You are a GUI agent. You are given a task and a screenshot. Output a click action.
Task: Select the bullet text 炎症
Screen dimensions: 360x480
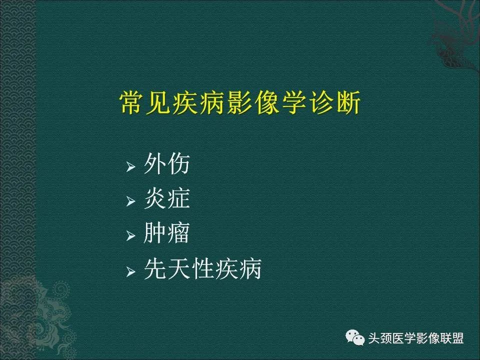[166, 199]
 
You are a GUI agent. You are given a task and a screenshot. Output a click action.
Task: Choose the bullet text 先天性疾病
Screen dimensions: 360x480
[202, 270]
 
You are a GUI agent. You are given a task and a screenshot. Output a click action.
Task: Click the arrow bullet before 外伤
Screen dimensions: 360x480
[131, 166]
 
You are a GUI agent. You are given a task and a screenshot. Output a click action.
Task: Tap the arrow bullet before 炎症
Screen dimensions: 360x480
[131, 201]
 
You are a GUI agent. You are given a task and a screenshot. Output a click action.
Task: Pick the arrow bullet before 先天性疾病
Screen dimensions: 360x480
[131, 271]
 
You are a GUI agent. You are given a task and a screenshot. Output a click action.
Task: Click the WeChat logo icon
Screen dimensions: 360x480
[357, 338]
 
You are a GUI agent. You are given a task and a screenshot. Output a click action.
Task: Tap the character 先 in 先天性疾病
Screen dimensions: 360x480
[155, 270]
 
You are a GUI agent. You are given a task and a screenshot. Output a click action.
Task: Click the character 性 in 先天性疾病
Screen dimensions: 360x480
[202, 270]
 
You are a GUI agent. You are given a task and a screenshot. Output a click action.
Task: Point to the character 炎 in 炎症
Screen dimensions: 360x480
[155, 199]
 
